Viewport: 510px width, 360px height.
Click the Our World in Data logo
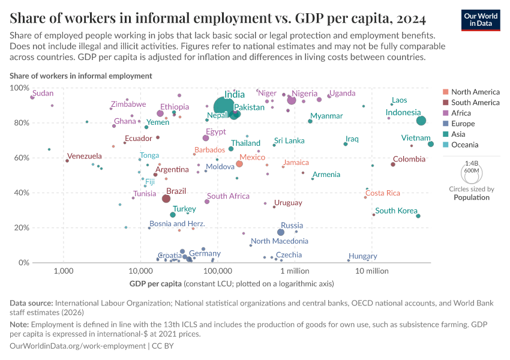481,19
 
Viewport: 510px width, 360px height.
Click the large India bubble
224,107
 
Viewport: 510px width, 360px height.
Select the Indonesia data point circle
421,121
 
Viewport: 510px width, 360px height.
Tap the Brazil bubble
166,199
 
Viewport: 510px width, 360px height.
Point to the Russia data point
281,232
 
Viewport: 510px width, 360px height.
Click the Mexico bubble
239,164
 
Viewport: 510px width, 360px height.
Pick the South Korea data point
418,216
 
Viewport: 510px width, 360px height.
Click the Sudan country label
43,93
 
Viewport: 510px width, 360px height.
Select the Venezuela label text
85,156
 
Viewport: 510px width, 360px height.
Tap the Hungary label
362,256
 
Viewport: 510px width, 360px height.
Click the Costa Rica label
383,193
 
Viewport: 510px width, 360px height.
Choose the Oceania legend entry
464,145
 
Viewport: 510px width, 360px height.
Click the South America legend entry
475,103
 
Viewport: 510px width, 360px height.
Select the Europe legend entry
463,124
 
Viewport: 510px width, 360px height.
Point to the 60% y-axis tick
18,158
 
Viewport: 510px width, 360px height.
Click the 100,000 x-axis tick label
217,271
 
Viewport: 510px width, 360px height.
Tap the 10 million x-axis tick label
371,271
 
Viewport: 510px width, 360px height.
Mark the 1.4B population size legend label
472,163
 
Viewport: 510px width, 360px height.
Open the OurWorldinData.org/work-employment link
77,346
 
